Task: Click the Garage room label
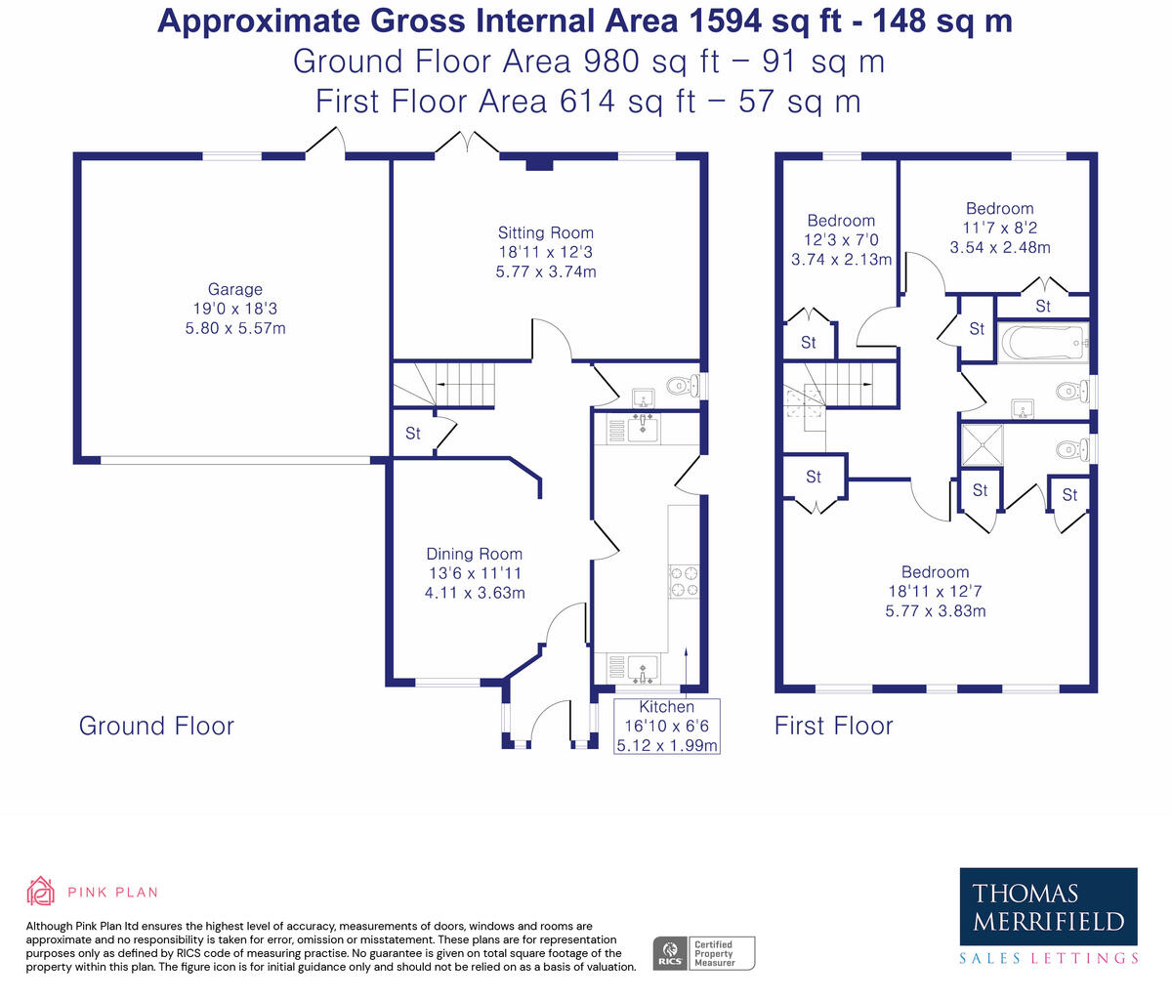pyautogui.click(x=235, y=289)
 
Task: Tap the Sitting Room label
pyautogui.click(x=545, y=232)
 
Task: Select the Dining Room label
pyautogui.click(x=474, y=554)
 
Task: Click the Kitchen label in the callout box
pyautogui.click(x=667, y=707)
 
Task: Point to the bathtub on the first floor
pyautogui.click(x=1043, y=343)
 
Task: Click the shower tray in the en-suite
pyautogui.click(x=983, y=445)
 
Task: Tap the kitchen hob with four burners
pyautogui.click(x=684, y=582)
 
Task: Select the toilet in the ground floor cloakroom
pyautogui.click(x=681, y=387)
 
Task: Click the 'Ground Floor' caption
pyautogui.click(x=156, y=726)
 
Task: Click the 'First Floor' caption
pyautogui.click(x=833, y=726)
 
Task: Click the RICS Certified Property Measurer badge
pyautogui.click(x=703, y=953)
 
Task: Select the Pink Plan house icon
pyautogui.click(x=41, y=892)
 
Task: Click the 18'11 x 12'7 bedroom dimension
pyautogui.click(x=935, y=591)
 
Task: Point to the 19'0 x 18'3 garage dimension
pyautogui.click(x=235, y=309)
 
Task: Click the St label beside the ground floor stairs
pyautogui.click(x=413, y=434)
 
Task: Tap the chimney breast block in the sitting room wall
pyautogui.click(x=539, y=165)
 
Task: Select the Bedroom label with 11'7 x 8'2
pyautogui.click(x=1000, y=209)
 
